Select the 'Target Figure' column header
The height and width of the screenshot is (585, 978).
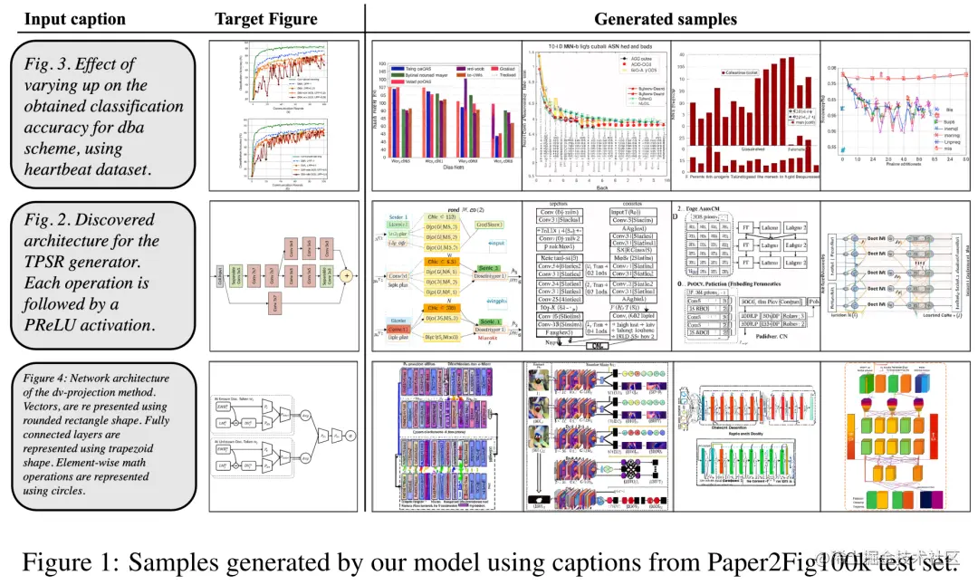(x=266, y=19)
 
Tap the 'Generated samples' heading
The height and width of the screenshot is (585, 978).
(x=665, y=19)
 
